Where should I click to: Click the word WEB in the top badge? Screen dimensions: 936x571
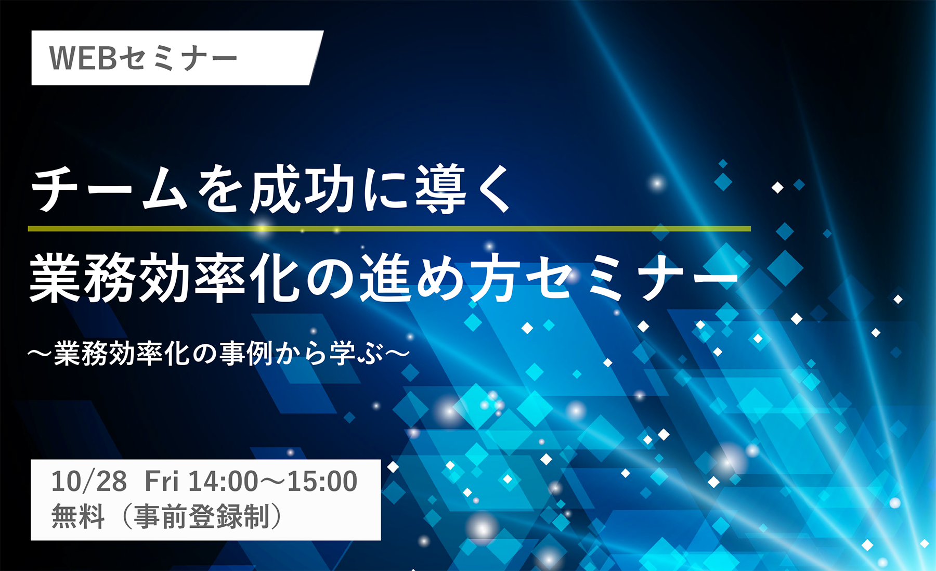[x=83, y=58]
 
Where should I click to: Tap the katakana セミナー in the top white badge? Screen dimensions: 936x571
[x=178, y=58]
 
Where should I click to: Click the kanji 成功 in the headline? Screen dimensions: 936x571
[x=302, y=189]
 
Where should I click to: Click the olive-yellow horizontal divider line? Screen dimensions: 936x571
[x=389, y=228]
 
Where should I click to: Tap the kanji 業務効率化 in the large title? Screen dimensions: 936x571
[x=164, y=278]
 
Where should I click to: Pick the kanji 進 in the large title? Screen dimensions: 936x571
[x=386, y=278]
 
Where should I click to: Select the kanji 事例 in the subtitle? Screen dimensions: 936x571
[x=246, y=354]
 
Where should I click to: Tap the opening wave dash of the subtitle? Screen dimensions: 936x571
[x=40, y=354]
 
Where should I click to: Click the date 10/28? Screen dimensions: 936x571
[x=89, y=481]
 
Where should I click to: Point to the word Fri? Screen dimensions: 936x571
[x=162, y=481]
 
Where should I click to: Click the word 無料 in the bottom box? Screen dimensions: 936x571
[x=78, y=516]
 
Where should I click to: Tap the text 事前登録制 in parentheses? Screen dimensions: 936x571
[x=202, y=516]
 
